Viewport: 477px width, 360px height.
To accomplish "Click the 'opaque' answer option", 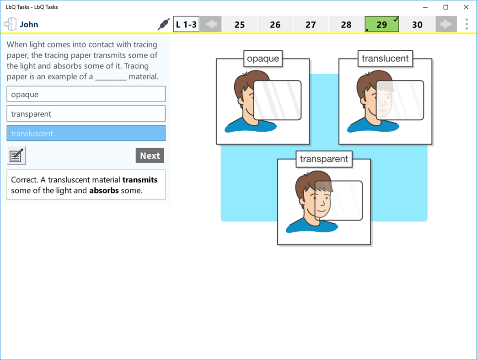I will (x=86, y=94).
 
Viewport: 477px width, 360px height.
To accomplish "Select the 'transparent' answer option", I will (x=86, y=114).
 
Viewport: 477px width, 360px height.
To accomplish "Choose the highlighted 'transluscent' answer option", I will (x=86, y=134).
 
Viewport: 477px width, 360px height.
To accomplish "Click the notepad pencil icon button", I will (x=16, y=156).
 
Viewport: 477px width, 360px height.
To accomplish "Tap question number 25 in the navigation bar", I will (x=240, y=25).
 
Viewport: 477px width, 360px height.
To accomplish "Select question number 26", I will (x=275, y=25).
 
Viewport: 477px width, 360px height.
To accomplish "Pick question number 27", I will (x=311, y=25).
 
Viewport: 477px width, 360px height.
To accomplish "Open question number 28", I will (x=346, y=25).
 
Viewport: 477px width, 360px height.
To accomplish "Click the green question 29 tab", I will (x=382, y=25).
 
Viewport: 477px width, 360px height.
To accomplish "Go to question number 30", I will (x=417, y=25).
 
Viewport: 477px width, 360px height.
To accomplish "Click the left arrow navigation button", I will (x=211, y=25).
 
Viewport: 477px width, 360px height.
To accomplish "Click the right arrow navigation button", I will (x=446, y=25).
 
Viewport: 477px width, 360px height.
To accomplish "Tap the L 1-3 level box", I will (x=186, y=25).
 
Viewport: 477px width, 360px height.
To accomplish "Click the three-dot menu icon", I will (x=466, y=24).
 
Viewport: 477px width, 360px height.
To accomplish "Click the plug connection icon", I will (x=163, y=25).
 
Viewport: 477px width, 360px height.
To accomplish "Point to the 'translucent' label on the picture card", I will (x=385, y=59).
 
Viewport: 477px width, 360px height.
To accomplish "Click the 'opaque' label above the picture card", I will (x=263, y=59).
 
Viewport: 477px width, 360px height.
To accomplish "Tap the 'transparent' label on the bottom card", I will (x=324, y=159).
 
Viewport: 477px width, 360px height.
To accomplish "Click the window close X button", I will (x=466, y=7).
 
